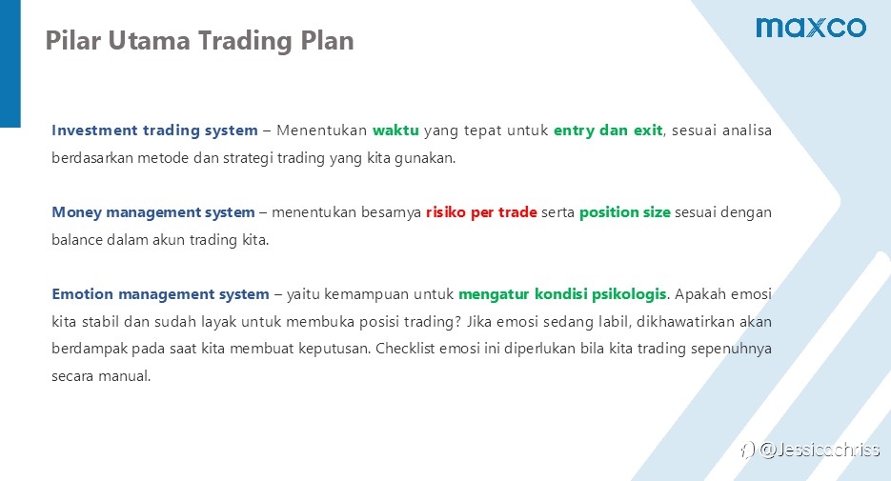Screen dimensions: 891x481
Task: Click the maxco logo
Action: pos(811,28)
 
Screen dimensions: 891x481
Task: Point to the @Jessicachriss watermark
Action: pos(810,450)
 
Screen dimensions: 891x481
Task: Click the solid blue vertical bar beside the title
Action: pos(10,64)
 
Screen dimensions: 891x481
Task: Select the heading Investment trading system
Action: pos(154,130)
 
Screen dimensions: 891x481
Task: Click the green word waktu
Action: pos(395,130)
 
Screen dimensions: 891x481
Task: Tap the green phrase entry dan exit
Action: pos(608,130)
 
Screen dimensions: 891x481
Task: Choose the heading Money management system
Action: pos(153,212)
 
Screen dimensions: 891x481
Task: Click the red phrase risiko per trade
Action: pos(481,212)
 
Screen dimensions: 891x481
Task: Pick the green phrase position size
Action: pos(625,212)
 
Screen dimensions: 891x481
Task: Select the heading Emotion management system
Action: pos(160,294)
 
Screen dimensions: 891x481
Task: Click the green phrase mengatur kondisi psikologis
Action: pos(562,294)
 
